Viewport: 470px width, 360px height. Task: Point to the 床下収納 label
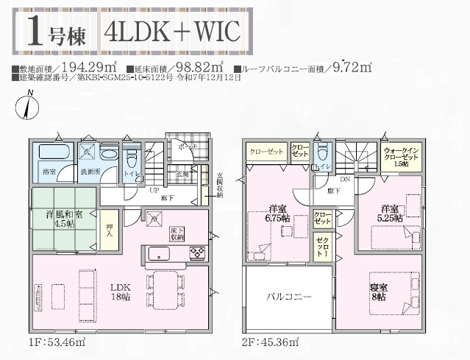tap(176, 233)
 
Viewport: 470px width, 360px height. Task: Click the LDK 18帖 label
tap(121, 292)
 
